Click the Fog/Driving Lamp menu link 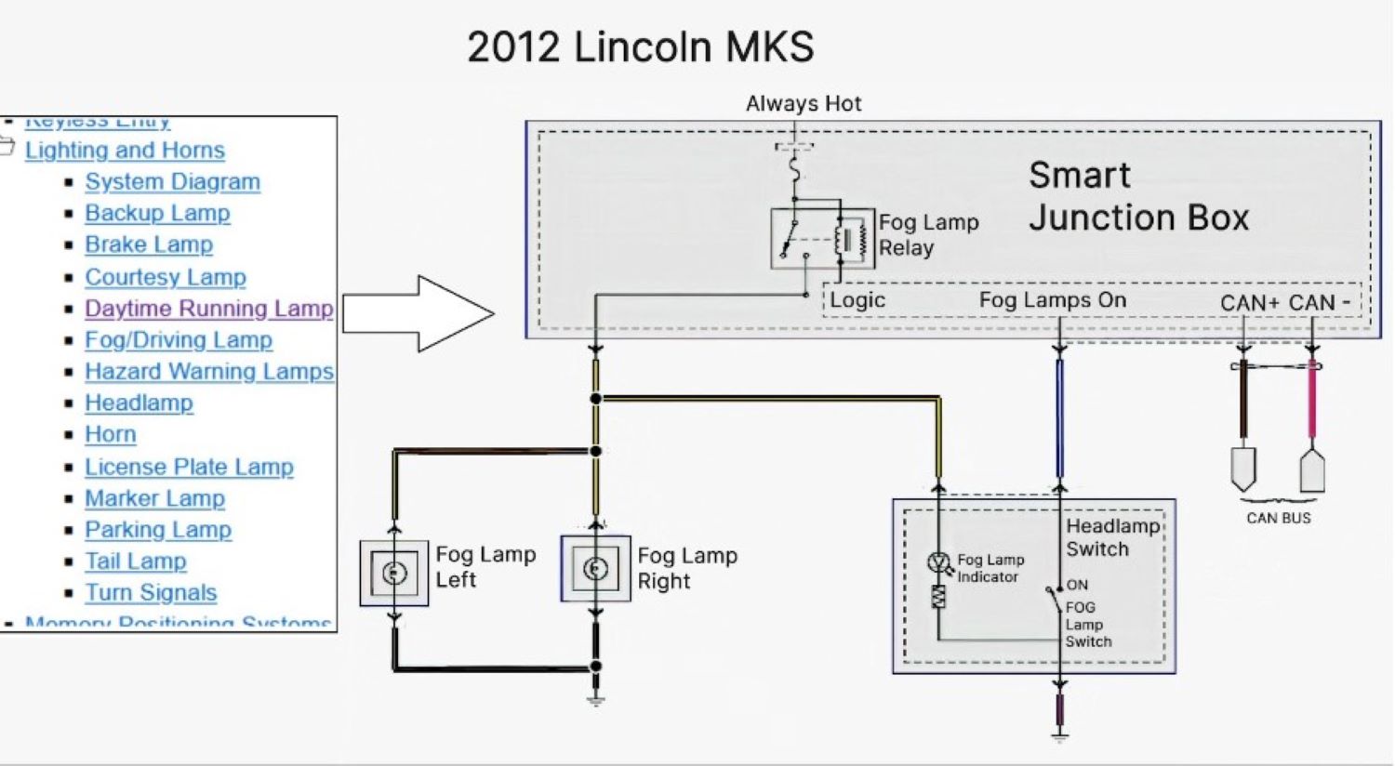pos(178,340)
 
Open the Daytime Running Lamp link pos(208,309)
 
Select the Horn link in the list pos(110,435)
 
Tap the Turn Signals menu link pos(151,593)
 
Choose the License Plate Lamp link pos(189,467)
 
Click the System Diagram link pos(172,182)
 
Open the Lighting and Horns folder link pos(125,151)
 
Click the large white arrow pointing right pos(418,314)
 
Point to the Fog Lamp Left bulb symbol pos(394,573)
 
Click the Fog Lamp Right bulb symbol pos(595,569)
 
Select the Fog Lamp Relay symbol pos(822,239)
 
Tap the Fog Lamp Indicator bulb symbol pos(937,562)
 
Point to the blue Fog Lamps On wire pos(1059,418)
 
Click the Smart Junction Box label pos(1137,196)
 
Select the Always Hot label pos(804,104)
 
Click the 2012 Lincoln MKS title pos(640,47)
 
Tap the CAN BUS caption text pos(1278,519)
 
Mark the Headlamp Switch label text pos(1112,537)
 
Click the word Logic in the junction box pos(857,300)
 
